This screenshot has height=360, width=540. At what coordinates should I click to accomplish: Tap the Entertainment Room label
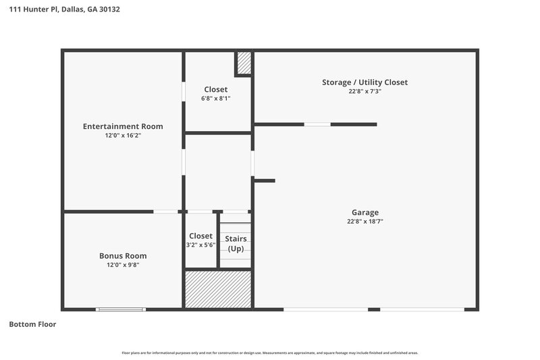pos(123,126)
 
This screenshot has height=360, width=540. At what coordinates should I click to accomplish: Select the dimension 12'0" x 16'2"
pos(123,136)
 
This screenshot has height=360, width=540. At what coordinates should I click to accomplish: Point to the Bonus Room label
pos(123,256)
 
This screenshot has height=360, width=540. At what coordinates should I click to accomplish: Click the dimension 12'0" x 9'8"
pos(123,265)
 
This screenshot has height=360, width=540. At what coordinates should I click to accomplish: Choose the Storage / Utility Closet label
pos(364,82)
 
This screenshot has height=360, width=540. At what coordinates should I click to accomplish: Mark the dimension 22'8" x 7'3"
pos(364,92)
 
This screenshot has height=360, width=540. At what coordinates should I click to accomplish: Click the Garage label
pos(364,212)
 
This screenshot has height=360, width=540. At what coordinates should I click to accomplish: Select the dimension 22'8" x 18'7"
pos(364,222)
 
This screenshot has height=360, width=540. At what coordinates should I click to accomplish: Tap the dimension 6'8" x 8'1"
pos(216,99)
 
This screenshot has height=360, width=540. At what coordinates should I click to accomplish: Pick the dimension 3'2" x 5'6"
pos(201,245)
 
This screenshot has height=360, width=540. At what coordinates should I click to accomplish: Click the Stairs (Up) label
pos(236,244)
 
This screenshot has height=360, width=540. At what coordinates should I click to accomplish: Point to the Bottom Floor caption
pos(32,324)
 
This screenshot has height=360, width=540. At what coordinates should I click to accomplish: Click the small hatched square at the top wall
pos(244,63)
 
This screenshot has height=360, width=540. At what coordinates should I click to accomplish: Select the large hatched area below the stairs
pos(218,289)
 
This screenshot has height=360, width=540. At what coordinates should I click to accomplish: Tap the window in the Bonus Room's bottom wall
pos(121,309)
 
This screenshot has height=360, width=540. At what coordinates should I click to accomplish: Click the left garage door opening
pos(325,309)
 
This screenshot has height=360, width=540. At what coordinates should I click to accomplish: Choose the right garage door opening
pos(422,309)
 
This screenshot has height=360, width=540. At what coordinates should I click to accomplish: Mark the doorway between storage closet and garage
pos(317,124)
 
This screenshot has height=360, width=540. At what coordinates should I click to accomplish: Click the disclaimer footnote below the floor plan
pos(270,353)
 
